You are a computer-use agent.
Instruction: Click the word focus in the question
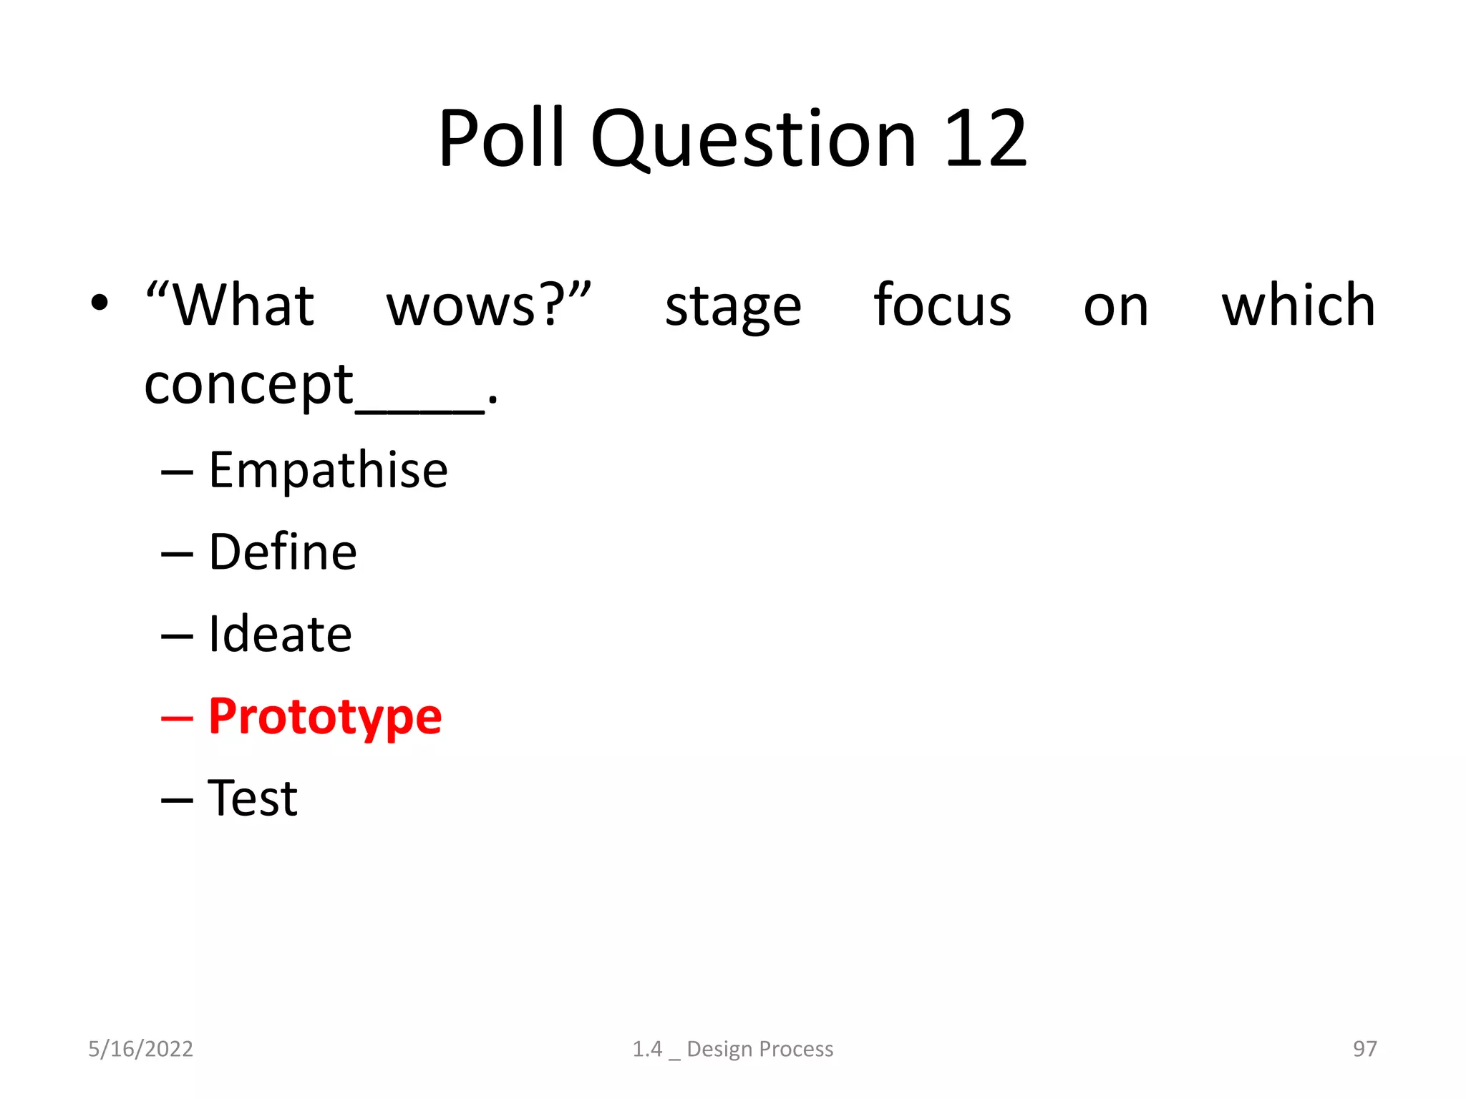coord(942,306)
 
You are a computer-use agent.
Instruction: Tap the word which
coord(1298,306)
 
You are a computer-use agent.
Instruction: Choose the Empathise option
coord(328,470)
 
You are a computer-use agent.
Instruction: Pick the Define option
coord(283,552)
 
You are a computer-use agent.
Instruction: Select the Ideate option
coord(280,635)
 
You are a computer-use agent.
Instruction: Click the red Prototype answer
coord(325,718)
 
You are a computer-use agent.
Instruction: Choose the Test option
coord(253,798)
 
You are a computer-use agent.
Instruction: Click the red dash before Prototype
coord(177,718)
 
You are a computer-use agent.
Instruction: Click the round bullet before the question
coord(99,303)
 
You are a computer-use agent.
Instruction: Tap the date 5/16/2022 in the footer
coord(140,1049)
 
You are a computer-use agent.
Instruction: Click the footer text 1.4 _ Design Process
coord(732,1049)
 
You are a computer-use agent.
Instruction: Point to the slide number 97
coord(1364,1049)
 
